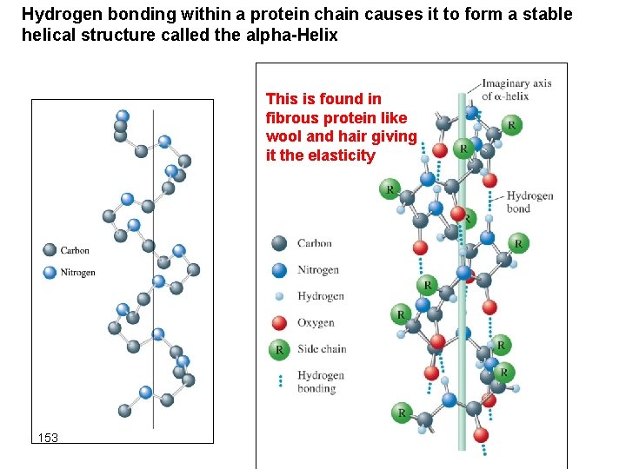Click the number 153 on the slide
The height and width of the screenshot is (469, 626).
pyautogui.click(x=48, y=438)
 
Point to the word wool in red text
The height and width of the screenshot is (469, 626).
pyautogui.click(x=283, y=137)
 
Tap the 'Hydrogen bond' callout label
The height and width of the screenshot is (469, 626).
pyautogui.click(x=529, y=201)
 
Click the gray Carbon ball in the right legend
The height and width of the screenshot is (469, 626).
pyautogui.click(x=279, y=243)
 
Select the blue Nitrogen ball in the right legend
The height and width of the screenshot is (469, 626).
pyautogui.click(x=279, y=269)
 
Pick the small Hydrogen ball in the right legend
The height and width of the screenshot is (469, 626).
pyautogui.click(x=279, y=296)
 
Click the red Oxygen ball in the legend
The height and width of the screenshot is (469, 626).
pyautogui.click(x=279, y=323)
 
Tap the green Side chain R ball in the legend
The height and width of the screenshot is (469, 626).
pyautogui.click(x=279, y=349)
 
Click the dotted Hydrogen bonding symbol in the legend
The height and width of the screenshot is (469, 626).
pyautogui.click(x=279, y=380)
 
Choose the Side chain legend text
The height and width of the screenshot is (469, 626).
pyautogui.click(x=322, y=349)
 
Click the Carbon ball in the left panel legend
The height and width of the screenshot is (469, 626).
pyautogui.click(x=50, y=250)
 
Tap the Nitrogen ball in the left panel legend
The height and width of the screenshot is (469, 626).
pyautogui.click(x=50, y=273)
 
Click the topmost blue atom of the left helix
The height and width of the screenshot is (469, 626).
pyautogui.click(x=123, y=116)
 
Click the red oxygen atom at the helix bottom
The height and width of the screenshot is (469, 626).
pyautogui.click(x=481, y=434)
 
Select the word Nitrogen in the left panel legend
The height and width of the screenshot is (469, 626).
pyautogui.click(x=77, y=273)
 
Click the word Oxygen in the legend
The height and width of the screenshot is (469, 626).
pyautogui.click(x=316, y=323)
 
